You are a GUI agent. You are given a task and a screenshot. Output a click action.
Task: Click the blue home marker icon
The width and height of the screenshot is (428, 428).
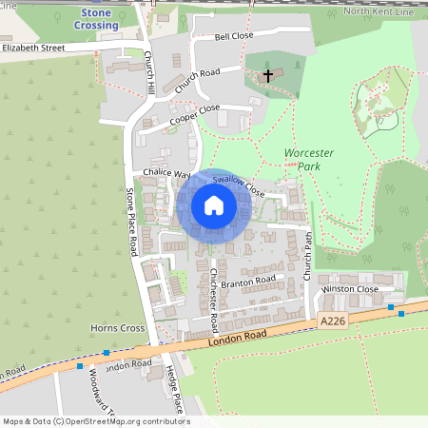(x=214, y=205)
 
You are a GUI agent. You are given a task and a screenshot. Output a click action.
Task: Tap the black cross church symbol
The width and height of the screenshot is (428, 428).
(x=268, y=74)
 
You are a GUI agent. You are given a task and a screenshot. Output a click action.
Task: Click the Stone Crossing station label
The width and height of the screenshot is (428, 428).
(x=100, y=19)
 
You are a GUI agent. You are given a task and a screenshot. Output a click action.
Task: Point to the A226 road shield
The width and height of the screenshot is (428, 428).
(x=334, y=322)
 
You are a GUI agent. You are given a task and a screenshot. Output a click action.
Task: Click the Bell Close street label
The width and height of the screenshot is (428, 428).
(x=234, y=36)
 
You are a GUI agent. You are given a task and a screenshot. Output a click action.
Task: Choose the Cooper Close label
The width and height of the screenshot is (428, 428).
(x=194, y=115)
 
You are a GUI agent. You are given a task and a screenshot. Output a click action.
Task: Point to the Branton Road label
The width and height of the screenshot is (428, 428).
(x=247, y=281)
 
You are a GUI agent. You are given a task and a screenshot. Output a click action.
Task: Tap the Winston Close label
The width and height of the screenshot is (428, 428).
(x=350, y=288)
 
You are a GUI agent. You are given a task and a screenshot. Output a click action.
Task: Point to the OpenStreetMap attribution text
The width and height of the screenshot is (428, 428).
(x=95, y=421)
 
